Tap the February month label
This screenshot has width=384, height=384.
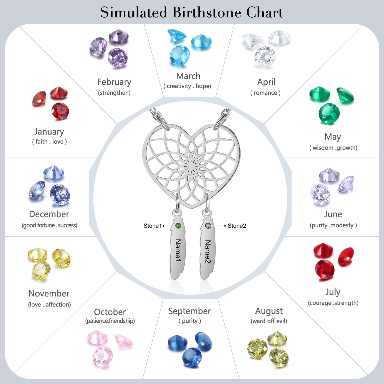coord(114,82)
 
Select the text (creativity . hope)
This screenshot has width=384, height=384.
coord(187,86)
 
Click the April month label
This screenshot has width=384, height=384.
coord(266,82)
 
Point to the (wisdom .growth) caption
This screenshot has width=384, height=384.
coord(333,148)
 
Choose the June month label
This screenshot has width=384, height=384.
coord(333,214)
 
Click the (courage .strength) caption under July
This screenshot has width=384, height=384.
coord(333,303)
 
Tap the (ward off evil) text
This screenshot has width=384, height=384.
coord(269,321)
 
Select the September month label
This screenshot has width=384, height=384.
coord(189,311)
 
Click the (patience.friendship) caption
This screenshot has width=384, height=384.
coord(110,321)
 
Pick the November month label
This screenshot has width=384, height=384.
coord(49,294)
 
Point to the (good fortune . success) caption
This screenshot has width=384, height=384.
coord(49,225)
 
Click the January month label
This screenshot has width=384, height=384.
coord(49,132)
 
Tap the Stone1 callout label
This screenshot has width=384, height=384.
coord(153,226)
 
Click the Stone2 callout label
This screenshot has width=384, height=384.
coord(237,226)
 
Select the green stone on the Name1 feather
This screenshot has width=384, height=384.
coord(178,226)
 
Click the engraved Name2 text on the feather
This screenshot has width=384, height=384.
coord(207,251)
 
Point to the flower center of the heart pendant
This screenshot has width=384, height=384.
coord(191,167)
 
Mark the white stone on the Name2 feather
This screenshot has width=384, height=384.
coord(208,226)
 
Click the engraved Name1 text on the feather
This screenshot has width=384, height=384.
coord(178,250)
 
